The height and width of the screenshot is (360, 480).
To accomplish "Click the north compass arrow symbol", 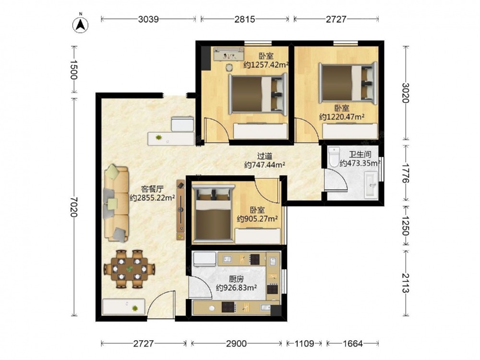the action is click(x=81, y=24).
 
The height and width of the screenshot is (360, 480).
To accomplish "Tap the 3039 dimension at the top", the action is click(x=148, y=19).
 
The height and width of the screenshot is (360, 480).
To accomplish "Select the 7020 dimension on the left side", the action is click(x=74, y=207).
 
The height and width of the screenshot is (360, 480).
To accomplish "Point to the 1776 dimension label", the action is click(x=406, y=173).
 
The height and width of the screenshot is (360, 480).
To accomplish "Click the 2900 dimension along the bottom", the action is click(x=236, y=344).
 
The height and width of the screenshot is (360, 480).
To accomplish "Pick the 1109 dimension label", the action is click(x=304, y=344).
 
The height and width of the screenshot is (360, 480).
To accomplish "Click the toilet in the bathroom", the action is click(x=334, y=156).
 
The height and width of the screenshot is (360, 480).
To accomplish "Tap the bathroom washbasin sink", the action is click(x=371, y=185).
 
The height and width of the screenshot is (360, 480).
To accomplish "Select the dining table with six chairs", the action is click(x=130, y=269).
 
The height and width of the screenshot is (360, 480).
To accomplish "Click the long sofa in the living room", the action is click(x=116, y=204).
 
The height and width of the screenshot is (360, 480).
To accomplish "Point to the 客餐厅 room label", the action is click(x=152, y=189).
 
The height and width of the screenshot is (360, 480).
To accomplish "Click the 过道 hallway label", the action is click(x=264, y=156).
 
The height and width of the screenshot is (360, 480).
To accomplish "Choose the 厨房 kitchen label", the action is click(x=236, y=279).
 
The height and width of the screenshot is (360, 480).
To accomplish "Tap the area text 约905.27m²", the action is click(x=257, y=219).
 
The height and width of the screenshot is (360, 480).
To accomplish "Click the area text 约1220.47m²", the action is click(x=342, y=117).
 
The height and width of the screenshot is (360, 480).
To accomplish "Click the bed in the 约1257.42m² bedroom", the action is click(x=258, y=94).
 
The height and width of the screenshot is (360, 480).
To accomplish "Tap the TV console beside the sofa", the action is click(x=180, y=210).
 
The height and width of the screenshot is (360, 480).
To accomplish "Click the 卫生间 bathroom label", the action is click(x=360, y=155).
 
